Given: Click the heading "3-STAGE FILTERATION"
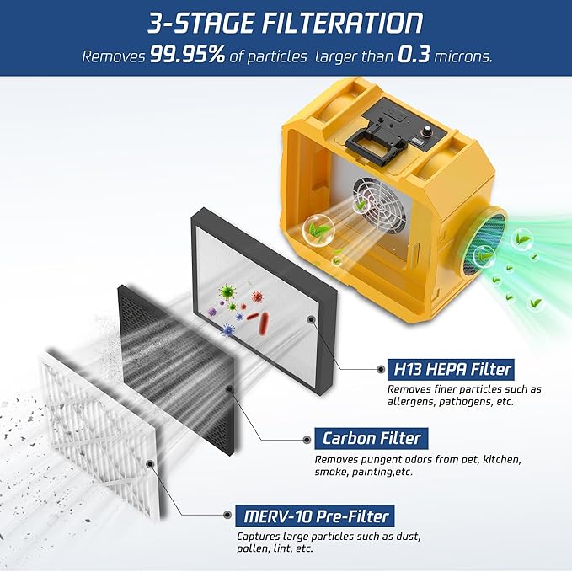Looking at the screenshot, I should [x=286, y=23].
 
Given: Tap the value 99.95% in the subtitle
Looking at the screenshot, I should [x=186, y=56].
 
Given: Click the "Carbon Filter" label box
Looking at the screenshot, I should [x=372, y=438].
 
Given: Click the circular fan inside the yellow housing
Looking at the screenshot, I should [x=380, y=206].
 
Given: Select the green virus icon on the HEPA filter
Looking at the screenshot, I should [x=227, y=292].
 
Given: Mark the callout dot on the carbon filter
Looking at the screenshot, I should [x=230, y=388].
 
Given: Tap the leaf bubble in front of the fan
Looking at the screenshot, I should [x=318, y=228].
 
